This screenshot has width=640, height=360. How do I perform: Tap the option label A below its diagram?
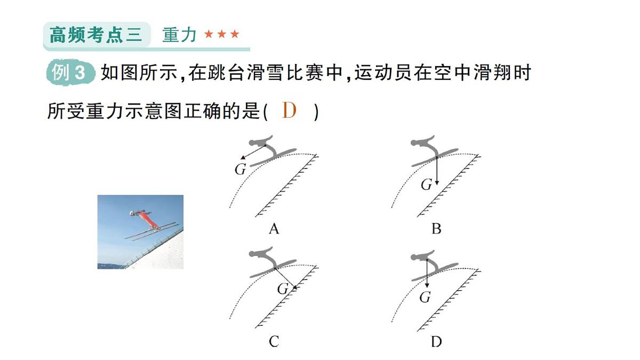[274, 229]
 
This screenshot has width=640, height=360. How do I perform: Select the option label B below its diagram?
[436, 229]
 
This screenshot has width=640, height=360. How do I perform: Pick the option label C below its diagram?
[274, 342]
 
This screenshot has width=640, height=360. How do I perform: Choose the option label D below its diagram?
[436, 342]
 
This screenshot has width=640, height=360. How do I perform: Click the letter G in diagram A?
[240, 170]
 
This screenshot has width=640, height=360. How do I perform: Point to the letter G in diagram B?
[426, 185]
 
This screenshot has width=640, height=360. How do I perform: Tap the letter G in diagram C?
[283, 289]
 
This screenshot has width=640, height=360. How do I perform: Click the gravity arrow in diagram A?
[253, 152]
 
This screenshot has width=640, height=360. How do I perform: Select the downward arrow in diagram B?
[437, 171]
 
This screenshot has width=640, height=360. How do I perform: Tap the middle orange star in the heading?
[221, 35]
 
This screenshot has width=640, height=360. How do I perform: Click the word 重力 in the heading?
[180, 35]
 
